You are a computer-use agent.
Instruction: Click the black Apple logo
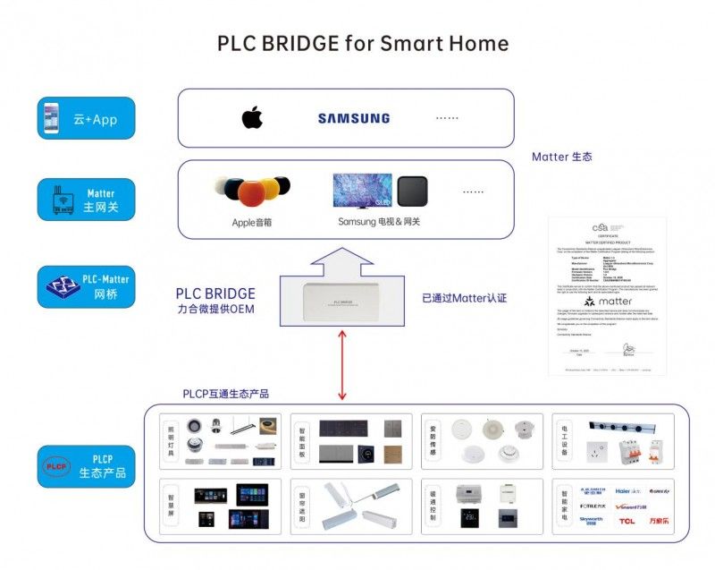252,117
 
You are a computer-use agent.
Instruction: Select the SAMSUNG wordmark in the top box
354,118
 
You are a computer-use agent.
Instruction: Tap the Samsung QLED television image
362,191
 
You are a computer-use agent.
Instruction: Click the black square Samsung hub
412,191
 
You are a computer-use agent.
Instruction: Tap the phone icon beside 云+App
55,119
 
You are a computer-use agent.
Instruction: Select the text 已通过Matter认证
464,297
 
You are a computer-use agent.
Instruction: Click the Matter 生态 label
561,157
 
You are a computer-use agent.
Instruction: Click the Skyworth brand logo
592,520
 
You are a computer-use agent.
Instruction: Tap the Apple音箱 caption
251,222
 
